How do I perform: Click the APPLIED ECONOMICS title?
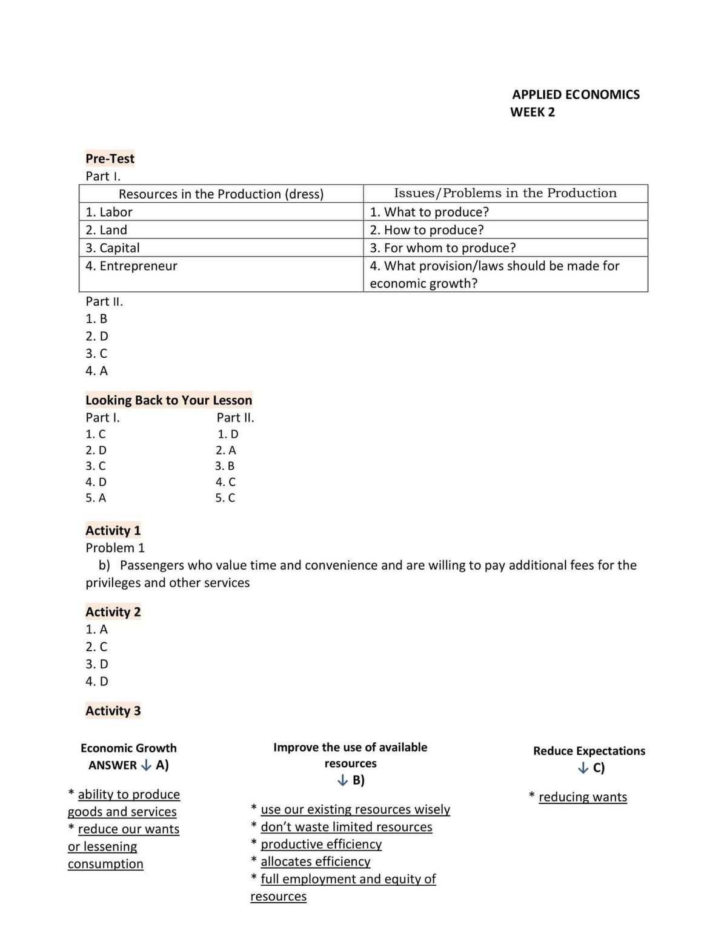click(576, 94)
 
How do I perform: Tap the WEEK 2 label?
click(532, 112)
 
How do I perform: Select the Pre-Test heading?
click(110, 159)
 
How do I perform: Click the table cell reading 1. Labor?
click(109, 212)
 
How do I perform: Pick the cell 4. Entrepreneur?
click(131, 266)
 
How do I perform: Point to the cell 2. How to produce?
click(427, 230)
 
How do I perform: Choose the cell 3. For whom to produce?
click(443, 248)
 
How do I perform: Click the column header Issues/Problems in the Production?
click(505, 193)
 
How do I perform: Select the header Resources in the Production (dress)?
click(221, 194)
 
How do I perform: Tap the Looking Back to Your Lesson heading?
click(168, 400)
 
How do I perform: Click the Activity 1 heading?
click(113, 530)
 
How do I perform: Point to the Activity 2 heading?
click(113, 611)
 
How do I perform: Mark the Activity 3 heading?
click(113, 711)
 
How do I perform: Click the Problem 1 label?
click(115, 548)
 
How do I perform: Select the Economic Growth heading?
click(128, 748)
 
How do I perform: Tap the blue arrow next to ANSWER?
click(146, 765)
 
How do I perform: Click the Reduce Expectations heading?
click(589, 751)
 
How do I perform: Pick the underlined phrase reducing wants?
click(583, 797)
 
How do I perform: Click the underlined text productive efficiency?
click(321, 844)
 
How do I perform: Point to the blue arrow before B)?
click(343, 780)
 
